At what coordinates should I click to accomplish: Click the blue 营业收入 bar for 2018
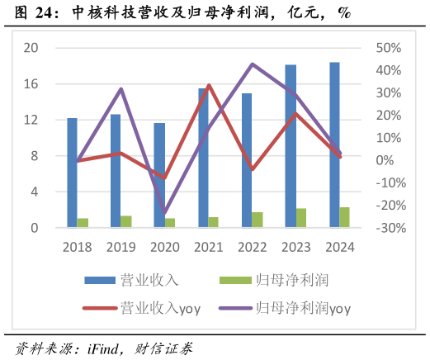72,173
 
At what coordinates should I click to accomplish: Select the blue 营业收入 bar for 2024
334,144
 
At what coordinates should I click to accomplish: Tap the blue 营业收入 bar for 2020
159,175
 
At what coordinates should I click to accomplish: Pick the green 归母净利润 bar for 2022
258,220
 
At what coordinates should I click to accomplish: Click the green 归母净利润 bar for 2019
126,221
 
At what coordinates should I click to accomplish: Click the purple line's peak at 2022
253,64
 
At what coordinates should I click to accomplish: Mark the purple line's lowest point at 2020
164,213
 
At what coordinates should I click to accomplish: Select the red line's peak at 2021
208,85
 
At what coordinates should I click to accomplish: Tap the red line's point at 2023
295,113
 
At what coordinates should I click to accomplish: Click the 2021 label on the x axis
208,245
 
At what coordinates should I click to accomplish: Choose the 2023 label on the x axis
295,245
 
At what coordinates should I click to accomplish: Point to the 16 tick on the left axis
31,84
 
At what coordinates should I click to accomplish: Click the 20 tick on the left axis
31,48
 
